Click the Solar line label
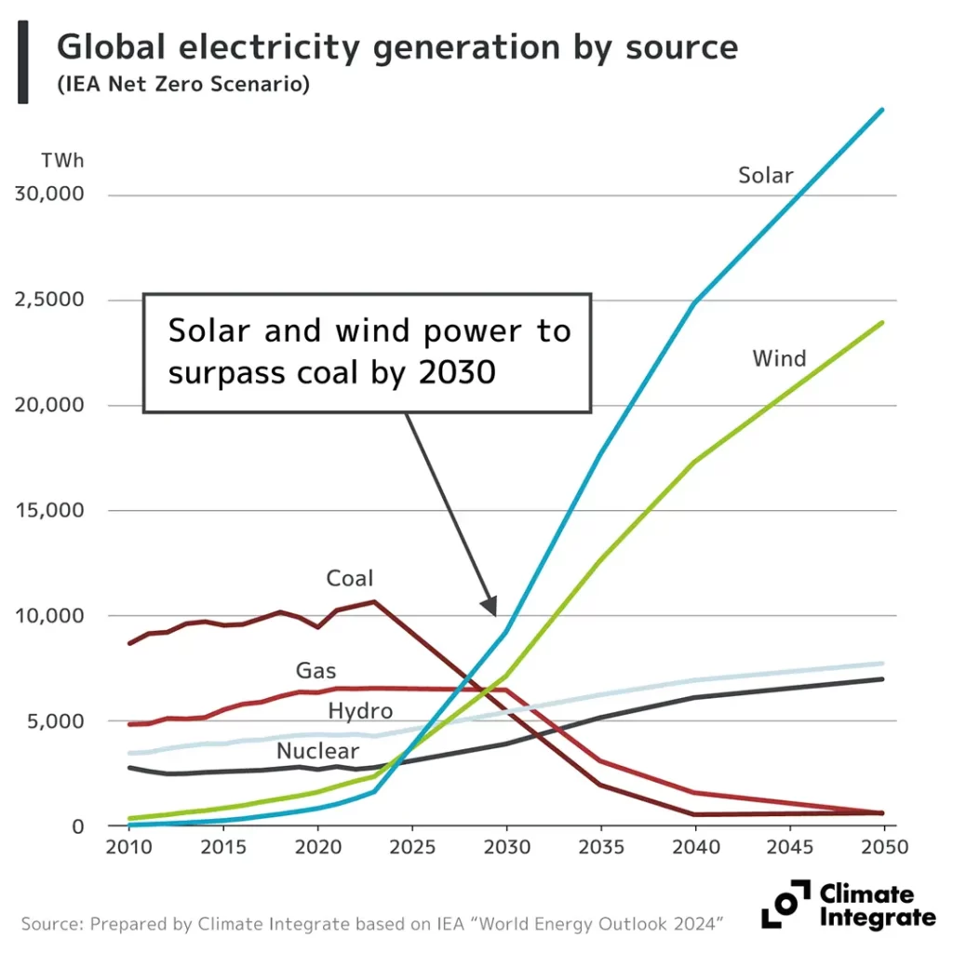765,175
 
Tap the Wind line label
779,358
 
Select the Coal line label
349,579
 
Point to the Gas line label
315,670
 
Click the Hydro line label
359,712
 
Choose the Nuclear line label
317,751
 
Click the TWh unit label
62,160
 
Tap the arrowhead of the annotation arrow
490,607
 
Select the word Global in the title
110,47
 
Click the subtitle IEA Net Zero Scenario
182,85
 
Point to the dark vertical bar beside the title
23,61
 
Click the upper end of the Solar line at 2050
881,111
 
